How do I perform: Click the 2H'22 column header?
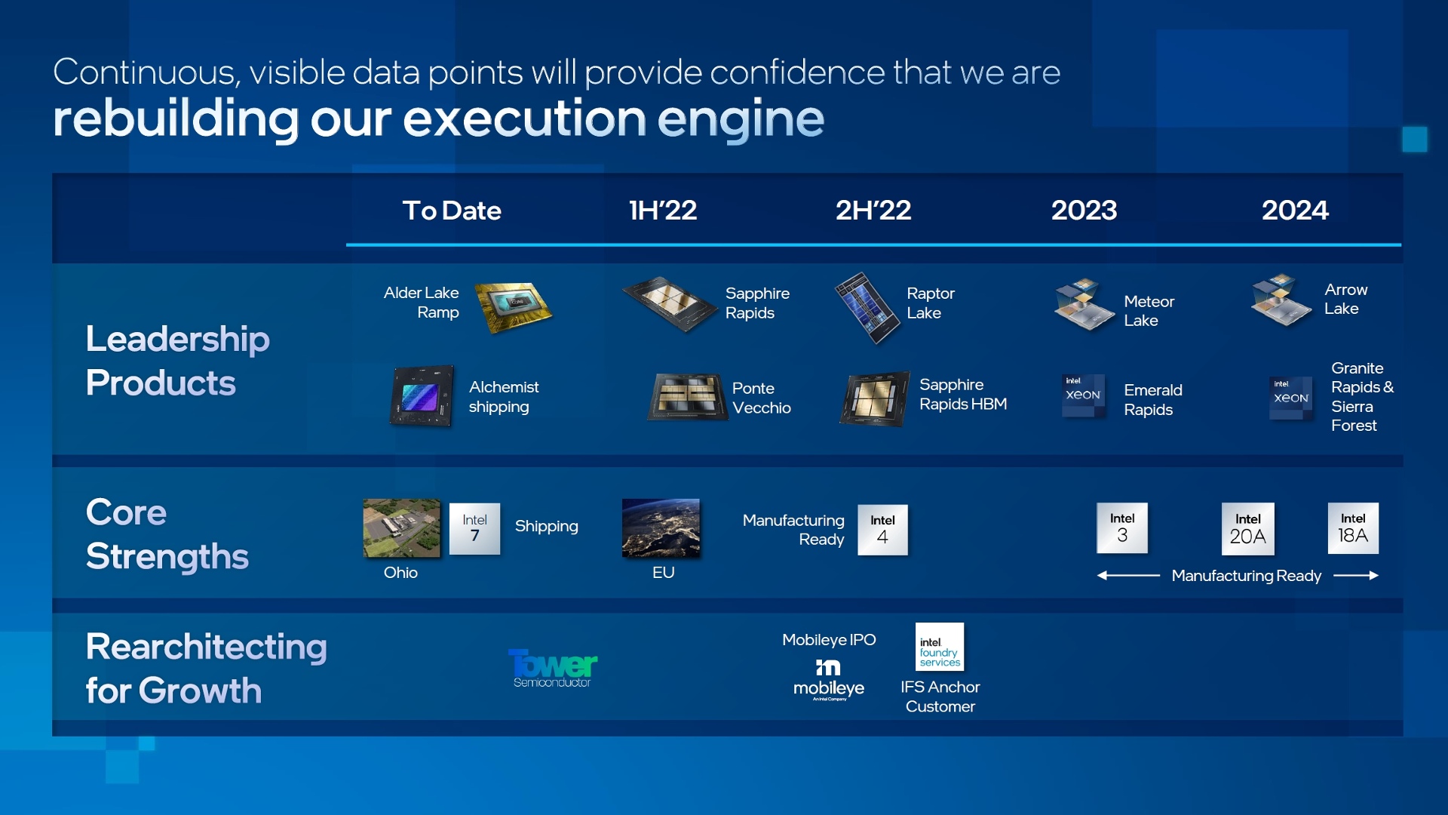click(x=873, y=210)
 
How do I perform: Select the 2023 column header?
click(x=1084, y=210)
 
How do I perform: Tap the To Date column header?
click(x=452, y=210)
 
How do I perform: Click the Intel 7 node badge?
click(x=474, y=528)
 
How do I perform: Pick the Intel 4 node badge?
click(x=882, y=530)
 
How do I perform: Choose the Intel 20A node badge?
click(x=1248, y=529)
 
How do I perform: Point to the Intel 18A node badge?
click(x=1353, y=528)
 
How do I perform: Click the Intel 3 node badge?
click(x=1122, y=528)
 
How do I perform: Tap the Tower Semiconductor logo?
click(x=553, y=669)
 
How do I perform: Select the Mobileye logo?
click(x=829, y=680)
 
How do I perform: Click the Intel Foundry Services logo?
click(x=940, y=647)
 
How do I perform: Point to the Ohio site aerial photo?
click(x=401, y=528)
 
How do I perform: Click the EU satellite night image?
click(x=661, y=528)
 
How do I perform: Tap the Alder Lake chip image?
click(x=514, y=306)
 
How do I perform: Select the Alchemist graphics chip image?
click(x=422, y=396)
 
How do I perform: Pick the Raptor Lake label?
click(x=931, y=303)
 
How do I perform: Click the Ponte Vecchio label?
click(x=762, y=398)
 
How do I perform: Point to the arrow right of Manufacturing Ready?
click(x=1356, y=576)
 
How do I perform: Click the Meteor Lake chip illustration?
click(x=1084, y=306)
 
